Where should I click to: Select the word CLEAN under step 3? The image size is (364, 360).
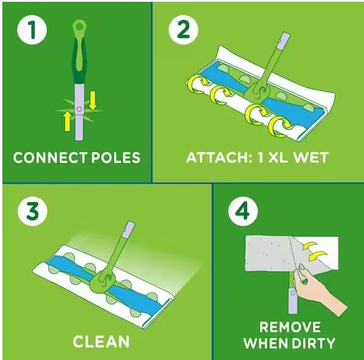coord(101,341)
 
